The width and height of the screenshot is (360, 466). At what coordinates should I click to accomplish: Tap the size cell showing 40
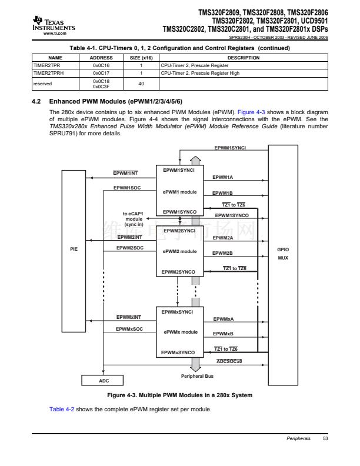[x=141, y=83]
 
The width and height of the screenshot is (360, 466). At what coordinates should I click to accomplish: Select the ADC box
[x=104, y=381]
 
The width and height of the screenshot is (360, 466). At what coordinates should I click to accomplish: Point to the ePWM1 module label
[x=180, y=192]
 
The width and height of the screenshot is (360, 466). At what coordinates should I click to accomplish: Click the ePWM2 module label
[x=180, y=251]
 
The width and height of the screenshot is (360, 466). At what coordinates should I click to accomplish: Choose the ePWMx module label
[x=180, y=332]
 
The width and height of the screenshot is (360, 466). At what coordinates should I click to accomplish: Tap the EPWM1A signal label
[x=223, y=177]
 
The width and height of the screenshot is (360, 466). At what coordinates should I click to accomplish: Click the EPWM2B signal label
[x=223, y=252]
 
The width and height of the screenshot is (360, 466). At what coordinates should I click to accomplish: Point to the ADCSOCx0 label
[x=229, y=361]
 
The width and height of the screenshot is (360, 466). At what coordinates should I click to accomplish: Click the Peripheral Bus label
[x=196, y=375]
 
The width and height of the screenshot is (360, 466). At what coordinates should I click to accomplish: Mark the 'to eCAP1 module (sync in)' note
[x=133, y=218]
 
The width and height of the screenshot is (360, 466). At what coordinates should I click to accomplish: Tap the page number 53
[x=325, y=439]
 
